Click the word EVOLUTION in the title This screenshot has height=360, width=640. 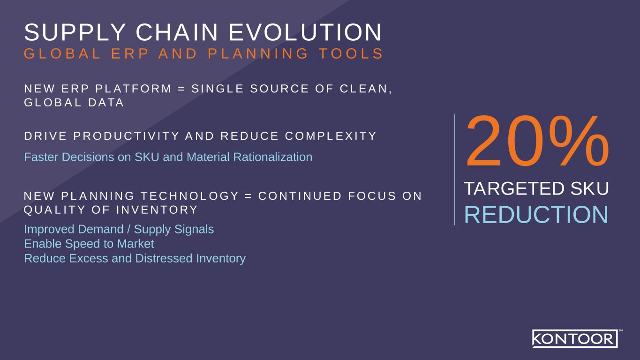(x=305, y=32)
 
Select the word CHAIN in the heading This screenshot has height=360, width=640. (x=177, y=32)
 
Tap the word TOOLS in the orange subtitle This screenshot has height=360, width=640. (x=351, y=54)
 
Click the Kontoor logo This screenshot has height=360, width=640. (x=575, y=338)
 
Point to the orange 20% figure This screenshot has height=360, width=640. (x=537, y=142)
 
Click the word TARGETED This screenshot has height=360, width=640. (x=514, y=188)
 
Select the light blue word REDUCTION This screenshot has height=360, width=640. (x=536, y=215)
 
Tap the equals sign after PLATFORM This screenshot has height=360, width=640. (x=181, y=89)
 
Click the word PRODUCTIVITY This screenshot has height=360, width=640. (x=126, y=136)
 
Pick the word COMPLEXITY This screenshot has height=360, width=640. (x=331, y=136)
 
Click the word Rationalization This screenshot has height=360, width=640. (x=272, y=157)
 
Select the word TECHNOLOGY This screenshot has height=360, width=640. (x=190, y=196)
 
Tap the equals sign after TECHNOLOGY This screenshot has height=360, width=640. (x=248, y=196)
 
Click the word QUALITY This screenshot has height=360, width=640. (x=54, y=210)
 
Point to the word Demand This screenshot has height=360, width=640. (x=100, y=229)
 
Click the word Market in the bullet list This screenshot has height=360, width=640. (x=136, y=244)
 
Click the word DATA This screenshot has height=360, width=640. (x=106, y=103)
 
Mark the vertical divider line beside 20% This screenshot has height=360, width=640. (x=455, y=170)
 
